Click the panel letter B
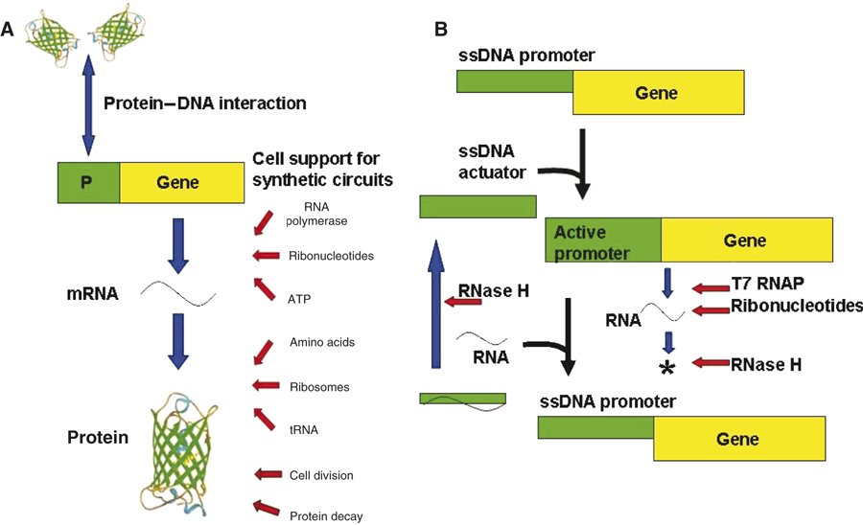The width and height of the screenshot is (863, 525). click(x=441, y=30)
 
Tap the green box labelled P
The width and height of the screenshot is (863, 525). click(x=87, y=182)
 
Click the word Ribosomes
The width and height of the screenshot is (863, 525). click(x=318, y=387)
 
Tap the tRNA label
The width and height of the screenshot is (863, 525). click(x=303, y=429)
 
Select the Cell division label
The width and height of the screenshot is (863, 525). click(x=321, y=474)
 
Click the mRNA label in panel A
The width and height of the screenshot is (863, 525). click(x=94, y=294)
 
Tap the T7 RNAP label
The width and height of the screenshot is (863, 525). click(x=768, y=286)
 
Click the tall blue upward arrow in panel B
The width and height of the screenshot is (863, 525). click(x=436, y=306)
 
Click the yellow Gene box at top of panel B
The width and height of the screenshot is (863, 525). click(x=657, y=94)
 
